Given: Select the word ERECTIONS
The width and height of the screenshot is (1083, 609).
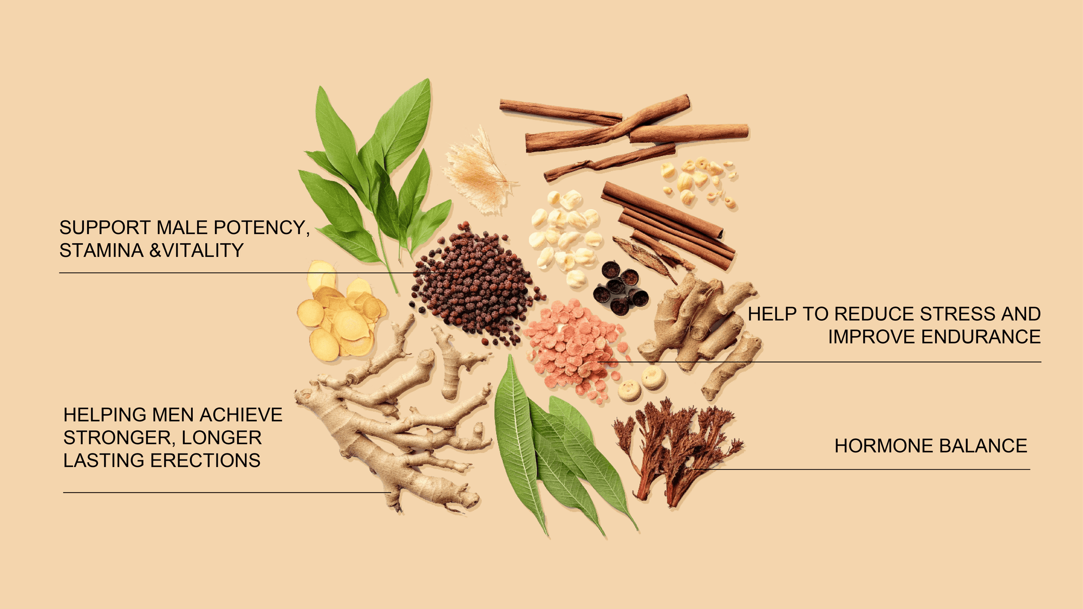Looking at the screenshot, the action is click(x=205, y=461).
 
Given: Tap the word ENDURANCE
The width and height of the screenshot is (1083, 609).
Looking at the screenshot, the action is click(x=981, y=336).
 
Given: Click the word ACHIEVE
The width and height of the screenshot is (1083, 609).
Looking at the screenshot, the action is click(x=241, y=415).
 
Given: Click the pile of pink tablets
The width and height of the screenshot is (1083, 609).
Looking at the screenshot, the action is click(x=575, y=349).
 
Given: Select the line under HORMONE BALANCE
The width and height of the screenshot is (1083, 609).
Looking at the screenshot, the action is click(x=862, y=469).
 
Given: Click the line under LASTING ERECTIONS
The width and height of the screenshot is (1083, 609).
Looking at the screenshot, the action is click(x=227, y=493).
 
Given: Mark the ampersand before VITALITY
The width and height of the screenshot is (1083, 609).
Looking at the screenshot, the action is click(x=155, y=250).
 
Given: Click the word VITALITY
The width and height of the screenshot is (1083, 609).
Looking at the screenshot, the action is click(x=203, y=250).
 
